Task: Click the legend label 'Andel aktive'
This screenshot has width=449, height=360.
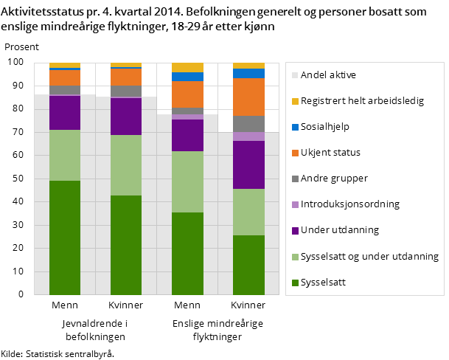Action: pyautogui.click(x=328, y=75)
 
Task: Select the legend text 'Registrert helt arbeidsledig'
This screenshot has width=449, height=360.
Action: pyautogui.click(x=362, y=100)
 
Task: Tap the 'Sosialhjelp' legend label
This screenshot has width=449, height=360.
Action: pyautogui.click(x=324, y=126)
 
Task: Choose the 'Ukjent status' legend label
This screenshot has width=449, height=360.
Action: pyautogui.click(x=330, y=152)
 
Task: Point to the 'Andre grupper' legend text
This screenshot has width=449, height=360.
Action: pyautogui.click(x=334, y=178)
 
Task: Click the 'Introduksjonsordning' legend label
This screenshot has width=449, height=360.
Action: pyautogui.click(x=349, y=204)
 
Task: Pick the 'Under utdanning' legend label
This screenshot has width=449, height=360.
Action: pyautogui.click(x=339, y=229)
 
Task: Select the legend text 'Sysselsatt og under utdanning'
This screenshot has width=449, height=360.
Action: pyautogui.click(x=369, y=256)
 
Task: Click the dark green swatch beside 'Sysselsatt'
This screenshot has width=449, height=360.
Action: pyautogui.click(x=295, y=282)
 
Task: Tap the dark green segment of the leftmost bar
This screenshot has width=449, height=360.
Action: pyautogui.click(x=65, y=238)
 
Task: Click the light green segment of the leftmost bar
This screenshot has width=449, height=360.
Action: pyautogui.click(x=65, y=155)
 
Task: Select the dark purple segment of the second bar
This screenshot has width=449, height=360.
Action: pyautogui.click(x=126, y=117)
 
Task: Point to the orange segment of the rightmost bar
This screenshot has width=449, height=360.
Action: pyautogui.click(x=248, y=97)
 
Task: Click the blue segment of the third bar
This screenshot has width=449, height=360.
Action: pyautogui.click(x=187, y=77)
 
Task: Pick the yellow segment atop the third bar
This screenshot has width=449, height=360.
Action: pyautogui.click(x=187, y=67)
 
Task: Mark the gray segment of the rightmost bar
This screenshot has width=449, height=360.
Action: pyautogui.click(x=248, y=124)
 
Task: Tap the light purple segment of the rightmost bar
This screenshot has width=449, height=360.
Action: pyautogui.click(x=248, y=136)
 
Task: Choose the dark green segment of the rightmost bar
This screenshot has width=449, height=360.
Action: pyautogui.click(x=248, y=265)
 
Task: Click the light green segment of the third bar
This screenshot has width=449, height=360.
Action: pyautogui.click(x=187, y=181)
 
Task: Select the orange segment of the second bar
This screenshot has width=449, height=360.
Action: pyautogui.click(x=126, y=77)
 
